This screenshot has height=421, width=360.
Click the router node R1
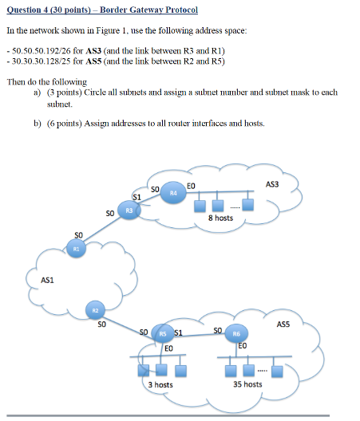point(77,249)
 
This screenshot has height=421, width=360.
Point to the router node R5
point(161,335)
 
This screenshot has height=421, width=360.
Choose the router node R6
point(237,335)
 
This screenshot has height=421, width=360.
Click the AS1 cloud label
point(48,279)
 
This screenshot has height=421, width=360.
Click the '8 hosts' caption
point(220,218)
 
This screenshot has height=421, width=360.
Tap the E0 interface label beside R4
point(190,185)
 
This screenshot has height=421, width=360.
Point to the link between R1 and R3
point(102,230)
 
